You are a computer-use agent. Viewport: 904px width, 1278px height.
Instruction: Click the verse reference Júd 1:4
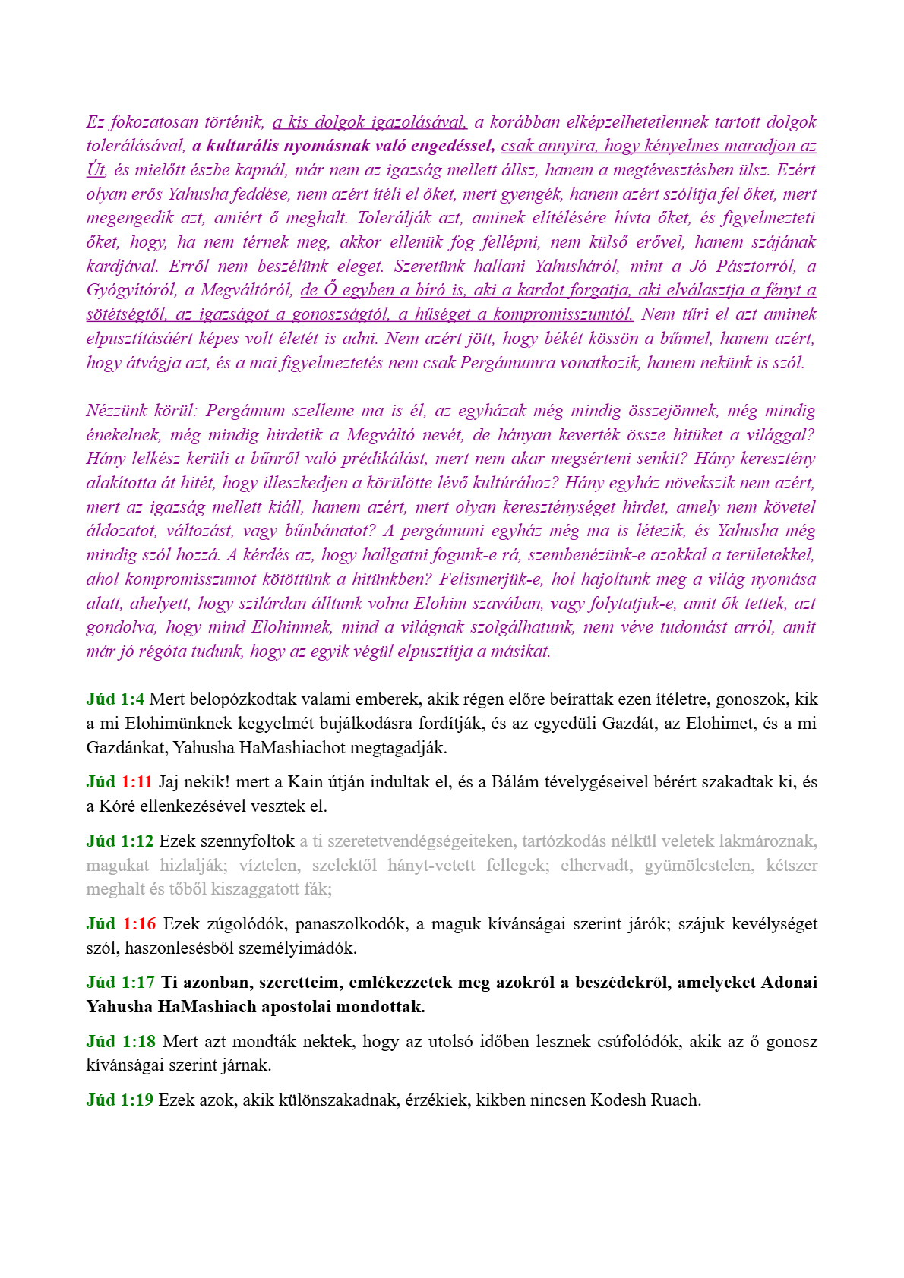coord(115,699)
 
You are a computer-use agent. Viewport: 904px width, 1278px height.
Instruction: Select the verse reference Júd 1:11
coord(119,782)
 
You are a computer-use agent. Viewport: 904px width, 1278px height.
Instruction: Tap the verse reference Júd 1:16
coord(121,924)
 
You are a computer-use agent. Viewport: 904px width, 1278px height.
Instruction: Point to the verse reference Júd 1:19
coord(119,1100)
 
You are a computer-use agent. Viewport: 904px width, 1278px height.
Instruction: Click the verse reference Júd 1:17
coord(120,983)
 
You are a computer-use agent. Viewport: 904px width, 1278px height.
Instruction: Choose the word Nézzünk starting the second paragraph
coord(117,411)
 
